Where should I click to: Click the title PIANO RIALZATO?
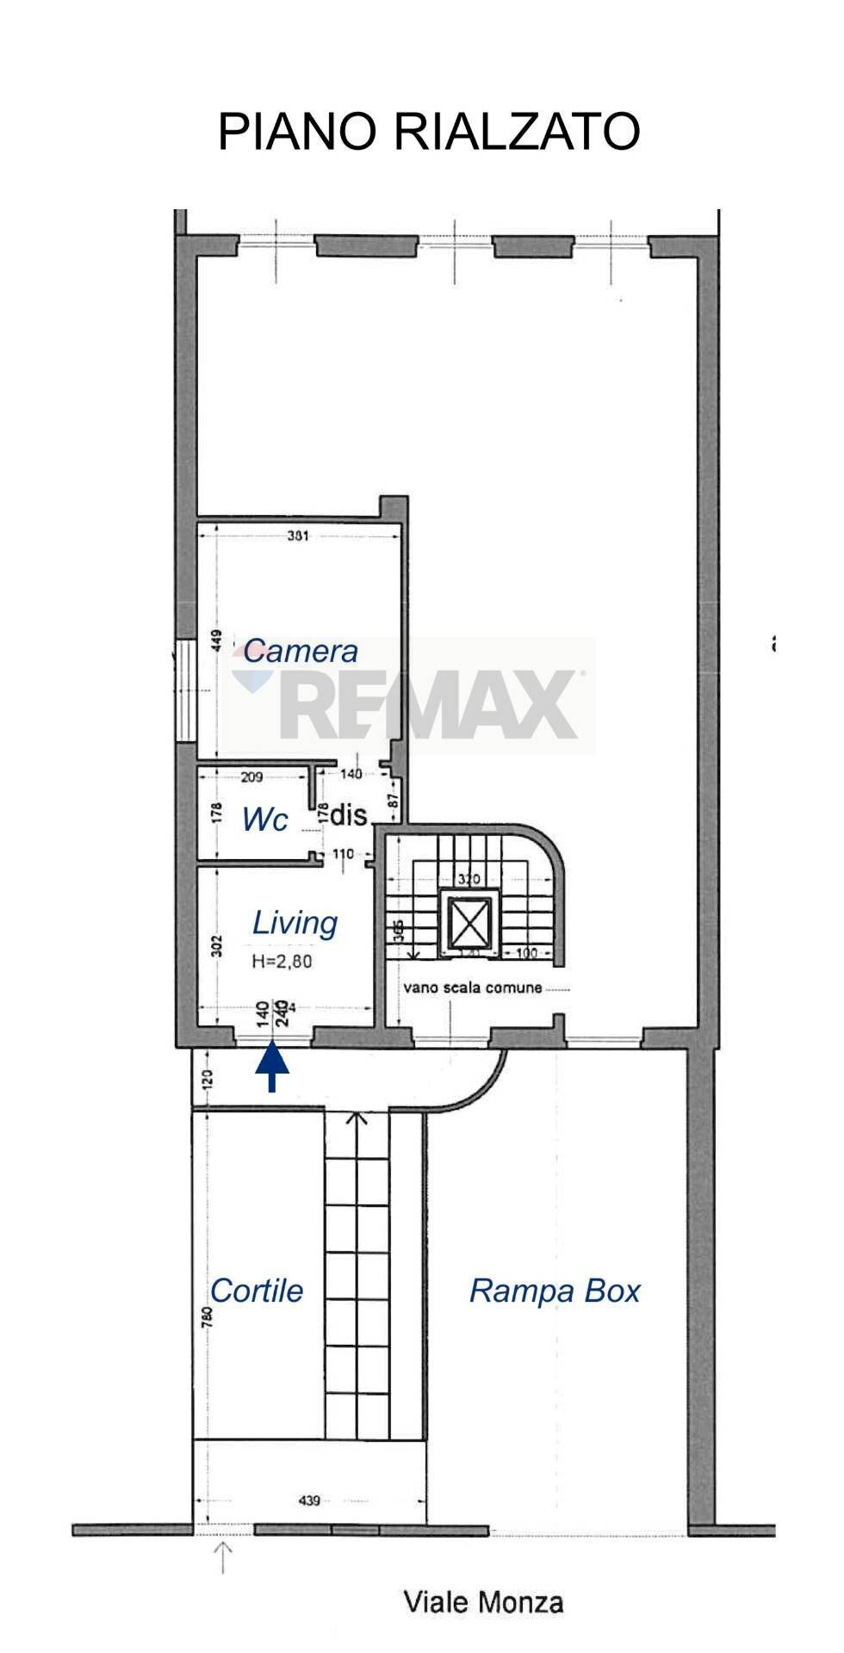pyautogui.click(x=428, y=133)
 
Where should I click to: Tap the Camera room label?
pyautogui.click(x=300, y=651)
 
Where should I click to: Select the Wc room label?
pyautogui.click(x=264, y=820)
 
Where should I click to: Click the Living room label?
pyautogui.click(x=295, y=923)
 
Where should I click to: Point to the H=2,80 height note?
pyautogui.click(x=282, y=962)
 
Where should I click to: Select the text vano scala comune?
pyautogui.click(x=473, y=987)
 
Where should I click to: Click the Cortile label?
pyautogui.click(x=257, y=1291)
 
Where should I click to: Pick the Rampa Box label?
pyautogui.click(x=555, y=1291)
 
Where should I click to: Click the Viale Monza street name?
pyautogui.click(x=484, y=1602)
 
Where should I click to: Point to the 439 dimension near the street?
pyautogui.click(x=309, y=1501)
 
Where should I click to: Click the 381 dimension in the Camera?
pyautogui.click(x=298, y=536)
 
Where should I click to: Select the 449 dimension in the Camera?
pyautogui.click(x=217, y=641)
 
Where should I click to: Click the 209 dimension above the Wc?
pyautogui.click(x=251, y=777)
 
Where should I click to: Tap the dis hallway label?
pyautogui.click(x=349, y=814)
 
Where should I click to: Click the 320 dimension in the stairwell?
pyautogui.click(x=469, y=879)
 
